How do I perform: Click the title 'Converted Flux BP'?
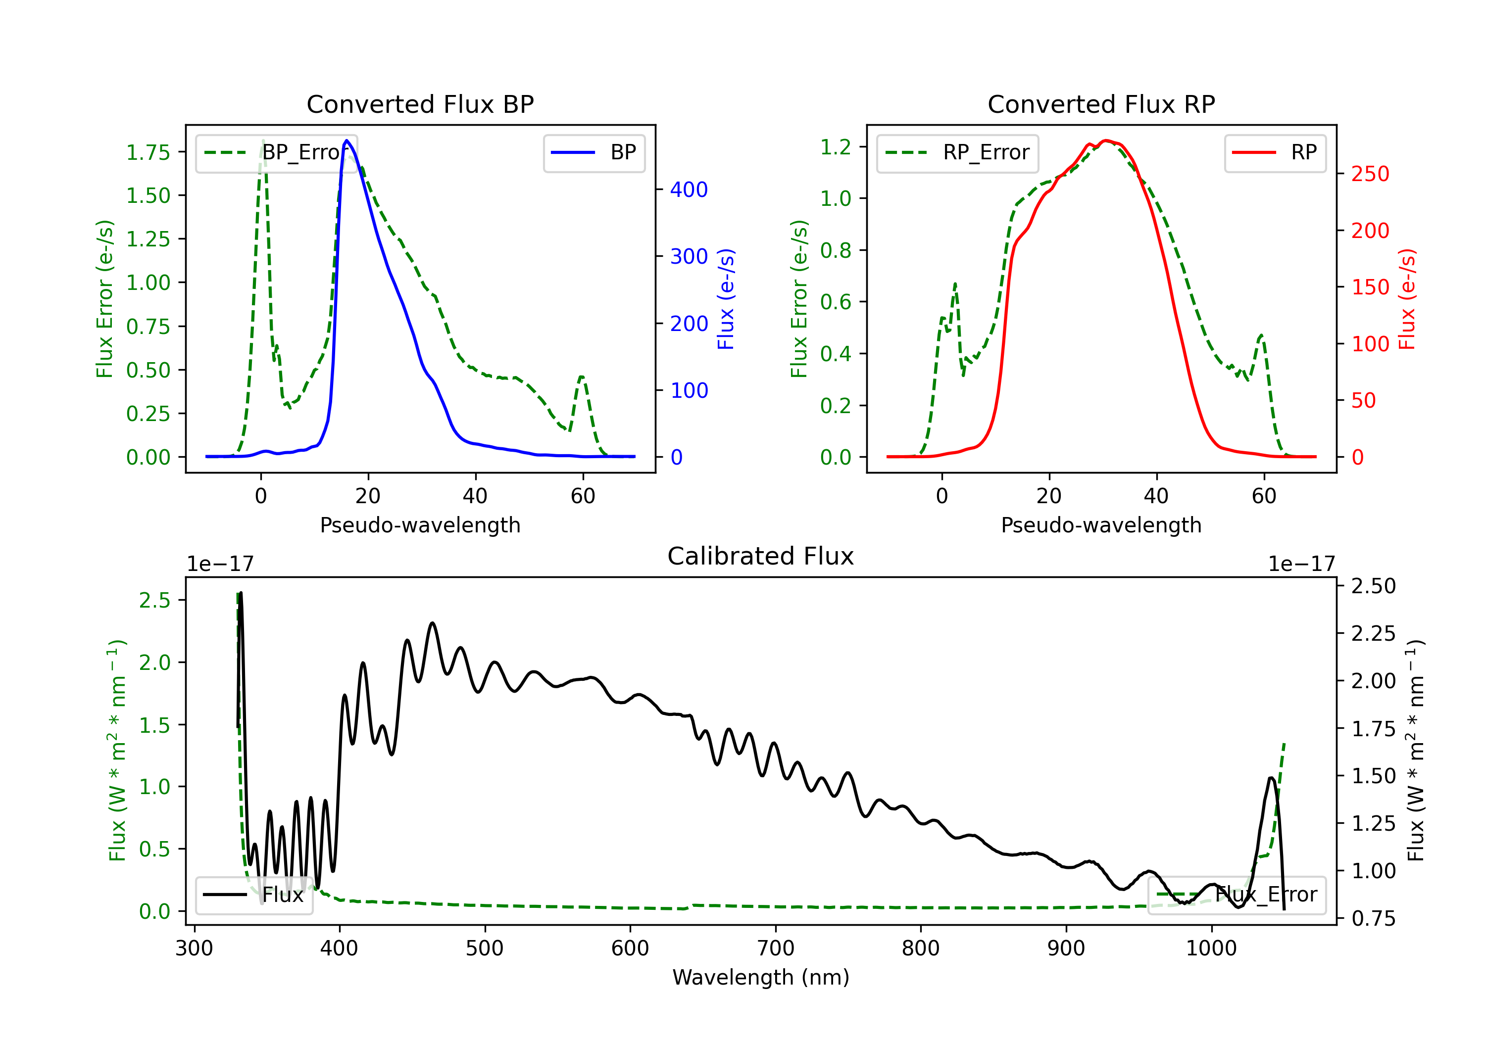coord(420,104)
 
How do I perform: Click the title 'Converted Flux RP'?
coord(1101,104)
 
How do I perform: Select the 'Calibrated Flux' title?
coord(761,556)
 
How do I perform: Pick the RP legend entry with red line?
coord(1275,152)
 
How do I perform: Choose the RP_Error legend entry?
coord(957,152)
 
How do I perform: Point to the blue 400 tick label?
coord(689,189)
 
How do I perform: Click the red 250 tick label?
coord(1370,174)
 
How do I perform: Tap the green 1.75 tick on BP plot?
coord(148,152)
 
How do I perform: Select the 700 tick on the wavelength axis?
coord(776,948)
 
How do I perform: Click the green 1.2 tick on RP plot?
coord(836,147)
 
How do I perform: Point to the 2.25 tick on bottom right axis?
coord(1374,634)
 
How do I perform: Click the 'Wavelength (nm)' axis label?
coord(761,978)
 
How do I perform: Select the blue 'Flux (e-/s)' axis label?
coord(726,299)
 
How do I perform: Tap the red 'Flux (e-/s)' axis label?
coord(1407,299)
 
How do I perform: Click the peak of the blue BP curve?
coord(346,141)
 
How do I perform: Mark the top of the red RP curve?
coord(1107,141)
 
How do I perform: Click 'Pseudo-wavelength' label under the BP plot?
coord(420,525)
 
